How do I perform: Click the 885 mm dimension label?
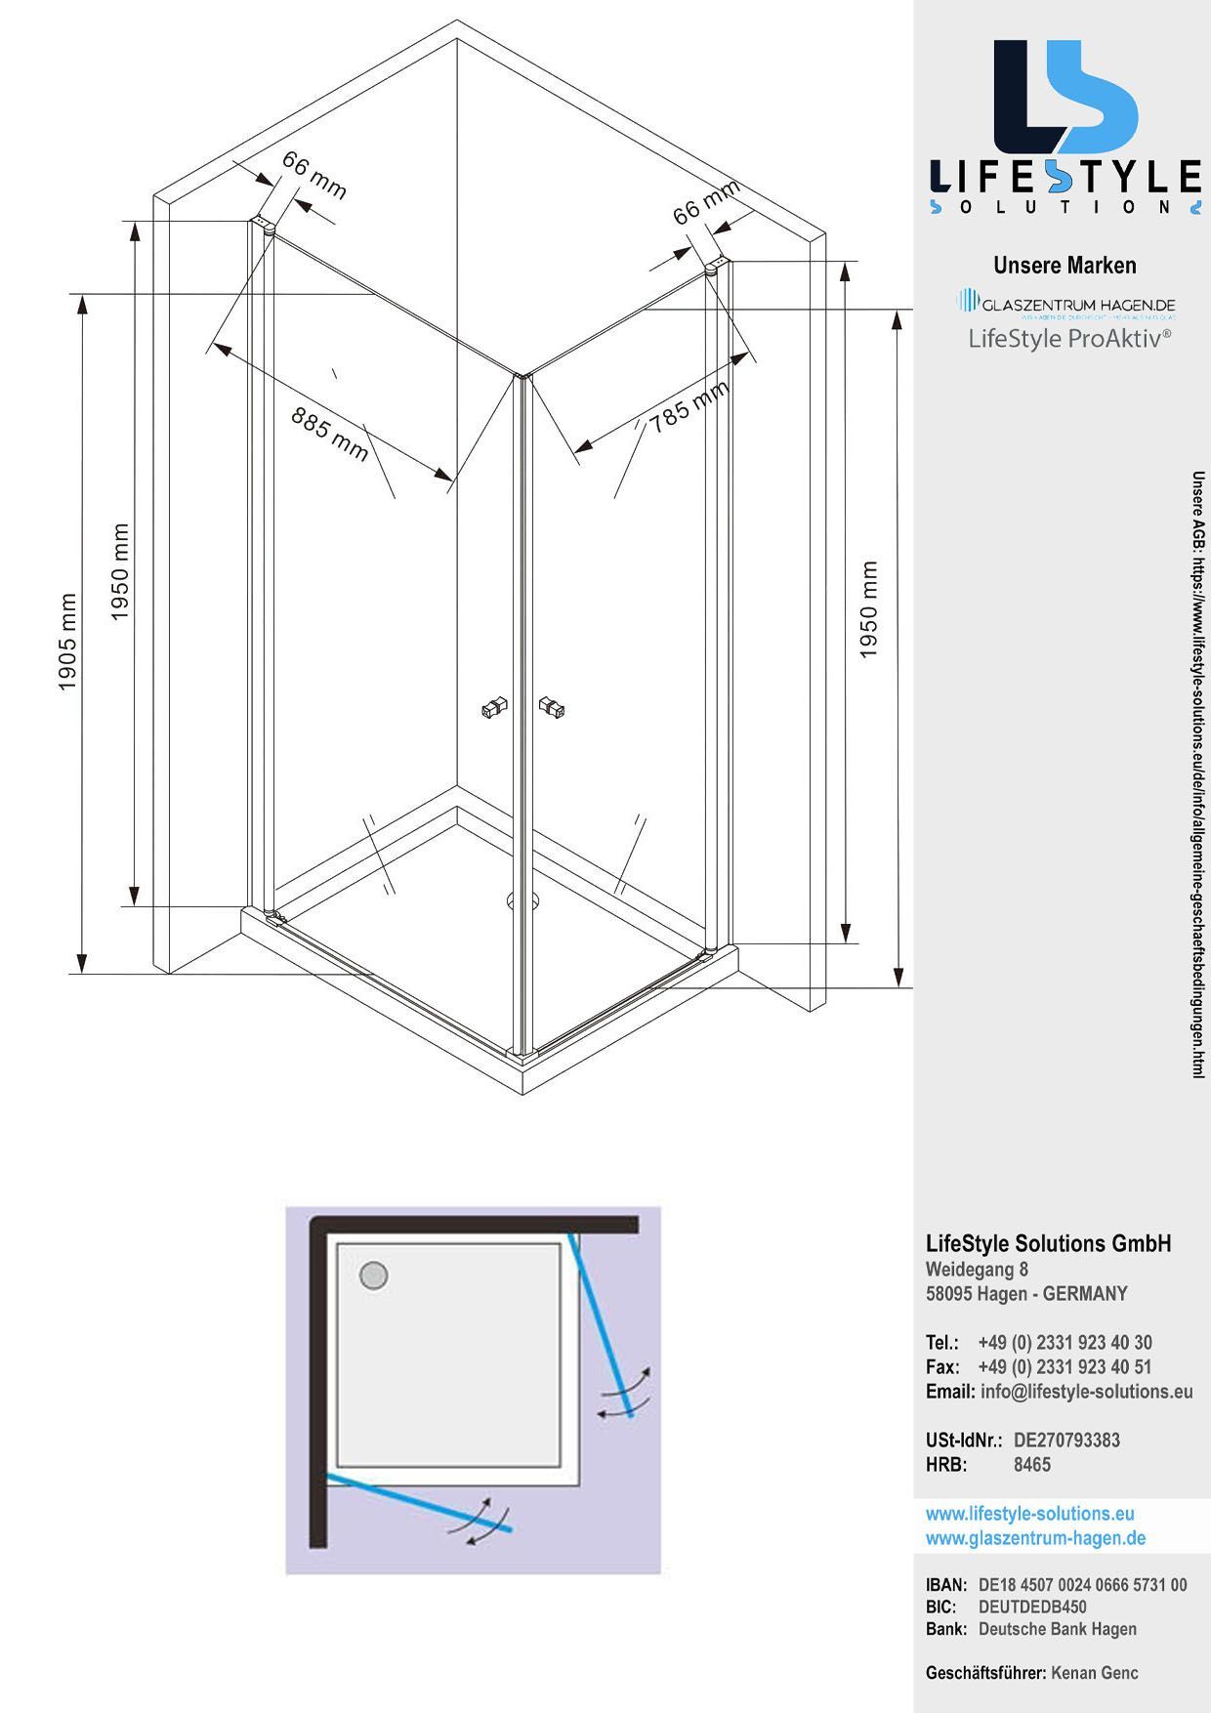[x=330, y=434]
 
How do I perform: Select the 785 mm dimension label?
[x=689, y=406]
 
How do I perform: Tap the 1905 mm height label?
[x=67, y=642]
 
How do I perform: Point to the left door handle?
[x=495, y=707]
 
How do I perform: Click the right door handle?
[x=553, y=707]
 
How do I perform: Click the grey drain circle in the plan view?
[x=374, y=1275]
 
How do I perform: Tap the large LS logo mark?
[x=1065, y=97]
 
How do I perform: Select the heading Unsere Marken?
[x=1065, y=266]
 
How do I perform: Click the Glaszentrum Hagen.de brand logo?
[x=1066, y=305]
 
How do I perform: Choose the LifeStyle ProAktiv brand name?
[x=1069, y=339]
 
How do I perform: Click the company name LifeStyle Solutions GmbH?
[x=1048, y=1243]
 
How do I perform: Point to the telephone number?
[x=1065, y=1343]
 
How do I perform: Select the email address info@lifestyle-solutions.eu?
[x=1086, y=1392]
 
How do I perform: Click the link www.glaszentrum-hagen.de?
[x=1035, y=1538]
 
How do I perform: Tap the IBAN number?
[x=1082, y=1585]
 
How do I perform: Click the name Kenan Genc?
[x=1094, y=1673]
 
